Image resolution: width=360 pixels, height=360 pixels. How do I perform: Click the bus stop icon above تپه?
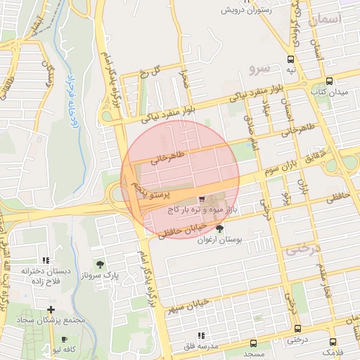coord(290,60)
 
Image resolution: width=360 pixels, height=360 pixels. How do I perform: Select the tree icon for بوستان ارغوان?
coord(220,229)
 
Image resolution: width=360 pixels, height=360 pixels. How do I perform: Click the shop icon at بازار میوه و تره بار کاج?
coord(202,199)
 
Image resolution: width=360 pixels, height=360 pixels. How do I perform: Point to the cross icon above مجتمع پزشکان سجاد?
coord(51,309)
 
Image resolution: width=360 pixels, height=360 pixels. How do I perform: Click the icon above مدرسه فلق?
coord(201,335)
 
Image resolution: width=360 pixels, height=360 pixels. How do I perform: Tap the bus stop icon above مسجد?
coord(254,344)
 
